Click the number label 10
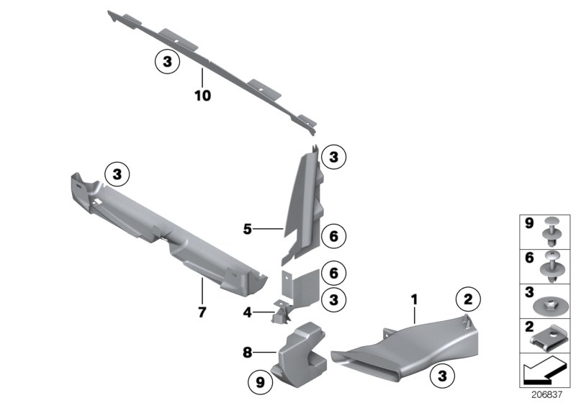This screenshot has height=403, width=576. point(202,95)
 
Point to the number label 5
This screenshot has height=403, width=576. point(247,230)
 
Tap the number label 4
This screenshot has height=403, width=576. point(247,312)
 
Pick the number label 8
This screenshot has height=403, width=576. point(247,353)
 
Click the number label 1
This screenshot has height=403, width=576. point(414,296)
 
